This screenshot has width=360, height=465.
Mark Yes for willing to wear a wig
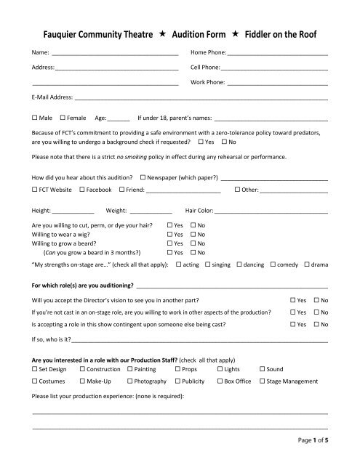click(170, 235)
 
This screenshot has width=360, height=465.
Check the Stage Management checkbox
click(263, 380)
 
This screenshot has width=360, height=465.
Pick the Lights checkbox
click(219, 369)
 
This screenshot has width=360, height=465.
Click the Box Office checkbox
click(219, 380)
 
